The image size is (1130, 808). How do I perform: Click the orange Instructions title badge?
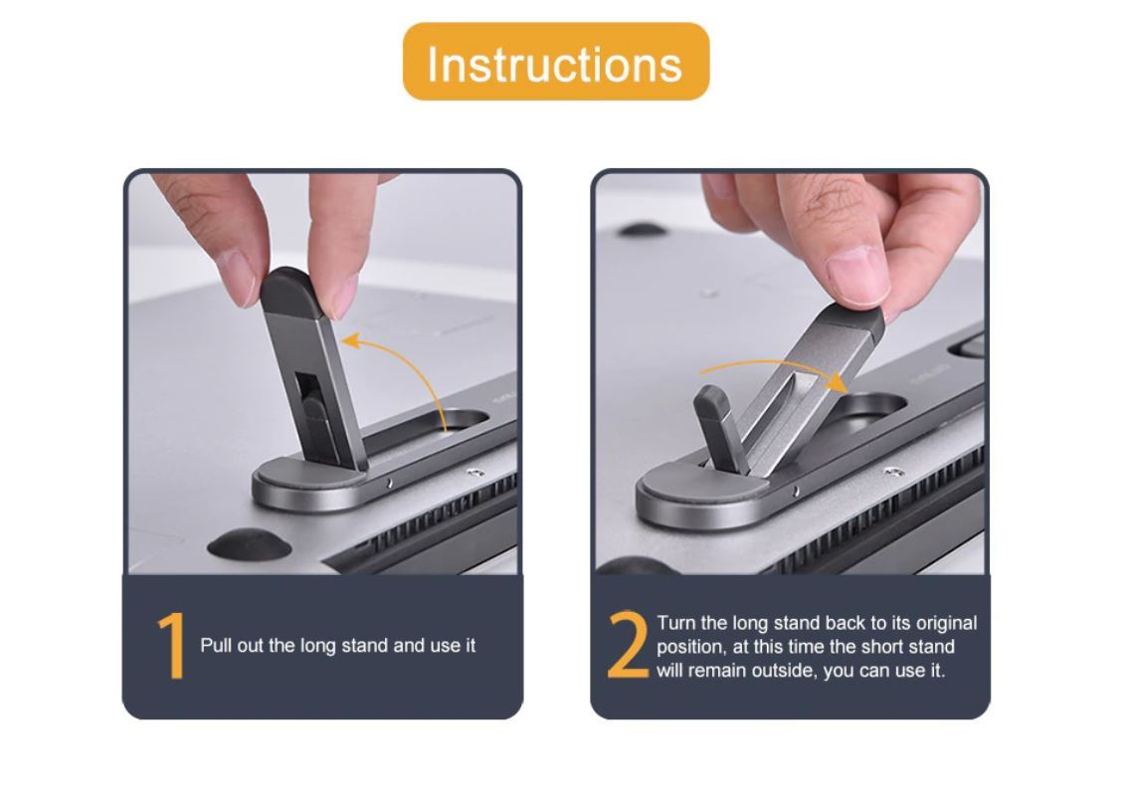[x=555, y=63]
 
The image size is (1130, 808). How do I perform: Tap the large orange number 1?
[x=172, y=646]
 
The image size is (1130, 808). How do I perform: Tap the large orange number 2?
[x=627, y=646]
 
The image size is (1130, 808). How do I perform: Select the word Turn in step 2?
[x=676, y=624]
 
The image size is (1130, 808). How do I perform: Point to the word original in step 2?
[x=946, y=624]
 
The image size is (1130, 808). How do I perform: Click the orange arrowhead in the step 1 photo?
[x=348, y=343]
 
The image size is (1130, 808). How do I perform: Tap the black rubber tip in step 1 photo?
[x=287, y=293]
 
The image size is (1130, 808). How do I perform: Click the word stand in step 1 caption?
[x=364, y=646]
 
